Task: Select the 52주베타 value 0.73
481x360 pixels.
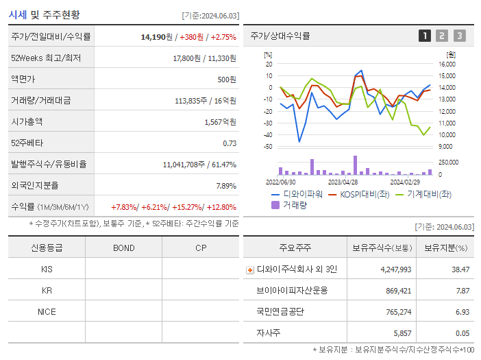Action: click(230, 143)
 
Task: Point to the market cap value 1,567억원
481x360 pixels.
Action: click(220, 122)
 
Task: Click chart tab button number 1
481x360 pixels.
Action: click(425, 36)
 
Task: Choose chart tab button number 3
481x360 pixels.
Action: click(459, 36)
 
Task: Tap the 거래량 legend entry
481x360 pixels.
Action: click(290, 204)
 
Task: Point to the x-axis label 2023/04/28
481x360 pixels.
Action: click(343, 182)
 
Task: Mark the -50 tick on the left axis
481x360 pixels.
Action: click(269, 147)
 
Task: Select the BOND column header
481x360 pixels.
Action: click(123, 248)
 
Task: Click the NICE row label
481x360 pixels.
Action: click(47, 312)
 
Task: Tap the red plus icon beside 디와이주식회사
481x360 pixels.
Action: click(249, 270)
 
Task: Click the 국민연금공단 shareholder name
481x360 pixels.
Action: click(280, 312)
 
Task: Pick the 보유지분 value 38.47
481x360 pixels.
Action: click(460, 269)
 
